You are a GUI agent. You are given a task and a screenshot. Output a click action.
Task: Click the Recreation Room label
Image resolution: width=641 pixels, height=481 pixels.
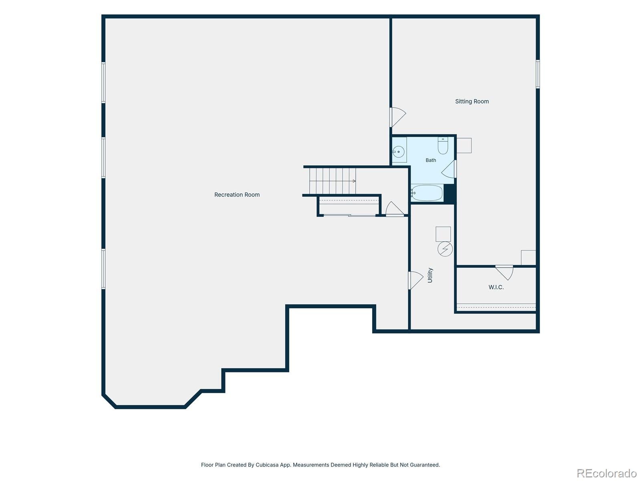(x=237, y=195)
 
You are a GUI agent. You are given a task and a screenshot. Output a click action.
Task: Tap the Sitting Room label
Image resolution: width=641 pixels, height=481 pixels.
(x=472, y=102)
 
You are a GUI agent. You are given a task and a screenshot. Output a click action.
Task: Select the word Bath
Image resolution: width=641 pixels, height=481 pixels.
(x=431, y=160)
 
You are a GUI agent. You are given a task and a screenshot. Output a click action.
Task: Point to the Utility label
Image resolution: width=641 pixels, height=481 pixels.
(x=430, y=275)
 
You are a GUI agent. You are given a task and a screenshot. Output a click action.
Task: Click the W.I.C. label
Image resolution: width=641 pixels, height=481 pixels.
(x=496, y=287)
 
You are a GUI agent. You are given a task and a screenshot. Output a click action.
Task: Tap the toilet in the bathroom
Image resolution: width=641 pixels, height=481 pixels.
(x=443, y=146)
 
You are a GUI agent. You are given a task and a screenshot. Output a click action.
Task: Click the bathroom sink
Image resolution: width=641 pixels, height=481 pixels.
(x=398, y=152)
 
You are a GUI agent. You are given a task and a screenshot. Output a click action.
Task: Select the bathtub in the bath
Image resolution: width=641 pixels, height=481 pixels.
(x=427, y=193)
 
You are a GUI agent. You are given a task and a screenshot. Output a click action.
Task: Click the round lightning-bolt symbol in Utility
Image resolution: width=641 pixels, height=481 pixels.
(x=445, y=249)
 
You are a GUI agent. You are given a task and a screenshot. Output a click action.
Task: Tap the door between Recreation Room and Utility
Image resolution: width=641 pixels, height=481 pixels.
(x=415, y=280)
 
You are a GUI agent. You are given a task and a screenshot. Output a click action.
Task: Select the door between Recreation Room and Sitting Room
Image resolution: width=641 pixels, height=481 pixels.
(x=398, y=117)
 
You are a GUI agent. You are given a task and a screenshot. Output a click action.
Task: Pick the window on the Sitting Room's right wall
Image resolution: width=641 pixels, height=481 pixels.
(x=538, y=74)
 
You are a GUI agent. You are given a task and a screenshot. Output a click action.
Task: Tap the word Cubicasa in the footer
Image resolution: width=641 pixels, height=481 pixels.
(x=267, y=465)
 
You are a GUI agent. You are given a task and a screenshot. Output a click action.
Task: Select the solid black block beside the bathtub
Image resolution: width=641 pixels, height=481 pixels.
(x=449, y=193)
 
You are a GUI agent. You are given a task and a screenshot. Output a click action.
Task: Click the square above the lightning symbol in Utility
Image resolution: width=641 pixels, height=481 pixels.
(x=443, y=234)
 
